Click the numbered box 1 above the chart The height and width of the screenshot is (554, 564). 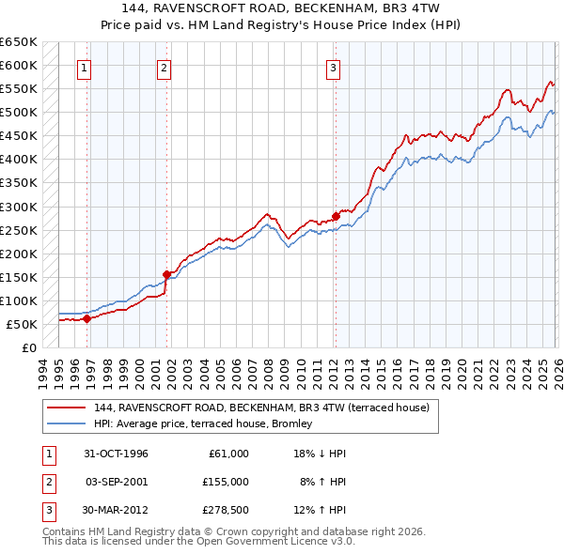click(85, 67)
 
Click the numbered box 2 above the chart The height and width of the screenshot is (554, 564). click(164, 67)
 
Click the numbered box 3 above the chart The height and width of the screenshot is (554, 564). click(333, 67)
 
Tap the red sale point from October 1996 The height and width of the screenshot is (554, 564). click(87, 318)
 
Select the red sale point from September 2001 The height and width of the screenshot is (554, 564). click(167, 274)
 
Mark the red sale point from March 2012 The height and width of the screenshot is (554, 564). click(336, 216)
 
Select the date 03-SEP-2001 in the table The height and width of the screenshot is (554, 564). click(117, 481)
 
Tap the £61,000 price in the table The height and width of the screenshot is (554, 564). click(228, 454)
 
